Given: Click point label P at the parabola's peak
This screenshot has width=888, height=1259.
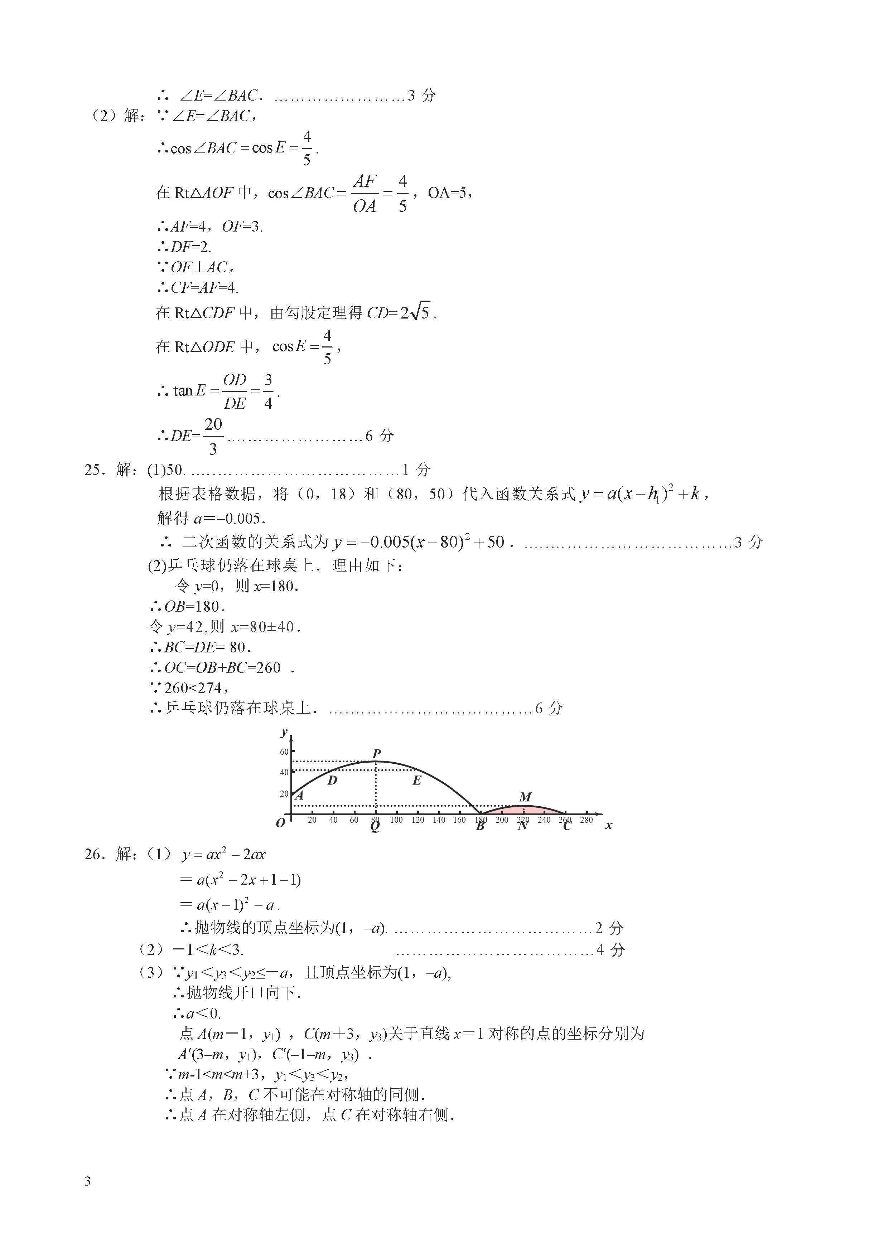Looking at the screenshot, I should [x=376, y=753].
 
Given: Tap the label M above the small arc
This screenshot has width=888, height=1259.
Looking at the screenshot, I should [x=525, y=797].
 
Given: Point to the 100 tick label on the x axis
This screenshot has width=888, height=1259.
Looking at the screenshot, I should [x=396, y=820].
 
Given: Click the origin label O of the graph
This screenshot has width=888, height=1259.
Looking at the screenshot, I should [x=280, y=823].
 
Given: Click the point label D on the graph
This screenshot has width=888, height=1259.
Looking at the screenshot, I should [x=332, y=780].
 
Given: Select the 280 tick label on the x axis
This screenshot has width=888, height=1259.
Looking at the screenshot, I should [x=587, y=820].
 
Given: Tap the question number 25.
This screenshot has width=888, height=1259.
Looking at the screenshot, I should [x=92, y=470].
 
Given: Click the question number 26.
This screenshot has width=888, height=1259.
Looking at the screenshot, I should [x=92, y=854].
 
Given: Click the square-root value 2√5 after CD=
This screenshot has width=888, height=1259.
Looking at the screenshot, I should [x=415, y=312].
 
